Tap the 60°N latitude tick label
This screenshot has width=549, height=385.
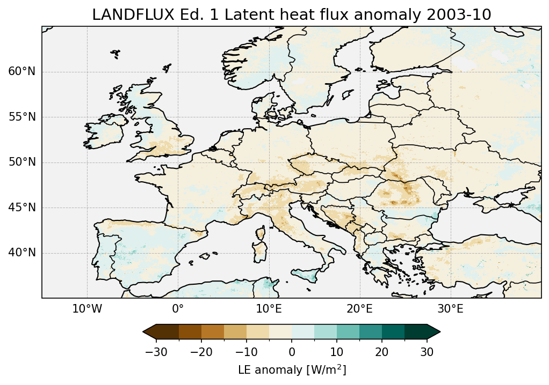[21, 72]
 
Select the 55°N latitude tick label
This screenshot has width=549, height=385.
[21, 117]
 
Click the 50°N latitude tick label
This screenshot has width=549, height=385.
[21, 162]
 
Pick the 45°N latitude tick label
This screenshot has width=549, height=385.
[21, 208]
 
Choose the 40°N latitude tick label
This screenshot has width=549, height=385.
[21, 253]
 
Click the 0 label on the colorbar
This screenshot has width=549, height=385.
[292, 352]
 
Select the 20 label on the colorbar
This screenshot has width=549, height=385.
[382, 352]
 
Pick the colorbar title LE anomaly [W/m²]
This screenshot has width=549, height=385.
[292, 370]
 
